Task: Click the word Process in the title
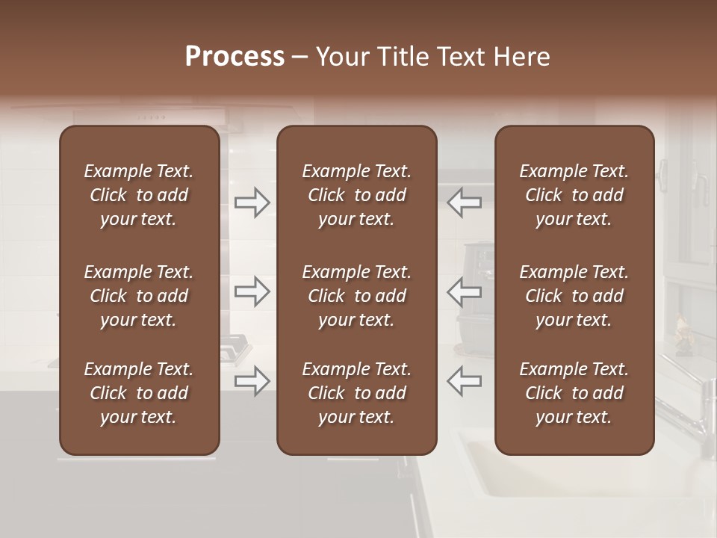(235, 57)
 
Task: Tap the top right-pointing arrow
(252, 202)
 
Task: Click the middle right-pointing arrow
(252, 291)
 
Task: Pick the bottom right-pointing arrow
(252, 380)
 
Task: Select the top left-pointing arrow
(464, 202)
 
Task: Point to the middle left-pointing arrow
(464, 291)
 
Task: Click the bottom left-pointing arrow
(464, 380)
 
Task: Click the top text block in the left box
(139, 195)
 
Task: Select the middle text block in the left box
(139, 296)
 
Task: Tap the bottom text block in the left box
(139, 393)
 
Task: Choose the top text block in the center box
(356, 195)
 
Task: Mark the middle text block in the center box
(356, 296)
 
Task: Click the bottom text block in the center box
(356, 393)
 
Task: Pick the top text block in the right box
(574, 195)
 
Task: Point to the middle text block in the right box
(574, 296)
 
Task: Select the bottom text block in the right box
(574, 393)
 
